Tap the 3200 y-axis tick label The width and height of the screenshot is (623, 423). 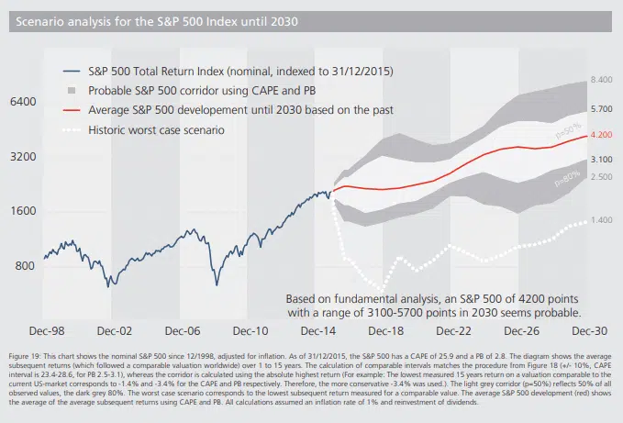[24, 157]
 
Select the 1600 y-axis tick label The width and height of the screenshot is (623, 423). [24, 211]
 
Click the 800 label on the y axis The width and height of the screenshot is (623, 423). [27, 265]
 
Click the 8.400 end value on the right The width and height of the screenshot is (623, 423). [600, 81]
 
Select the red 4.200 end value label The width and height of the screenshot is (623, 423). [600, 135]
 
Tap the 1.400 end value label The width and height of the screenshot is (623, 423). [600, 220]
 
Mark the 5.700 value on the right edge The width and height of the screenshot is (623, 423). [600, 108]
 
